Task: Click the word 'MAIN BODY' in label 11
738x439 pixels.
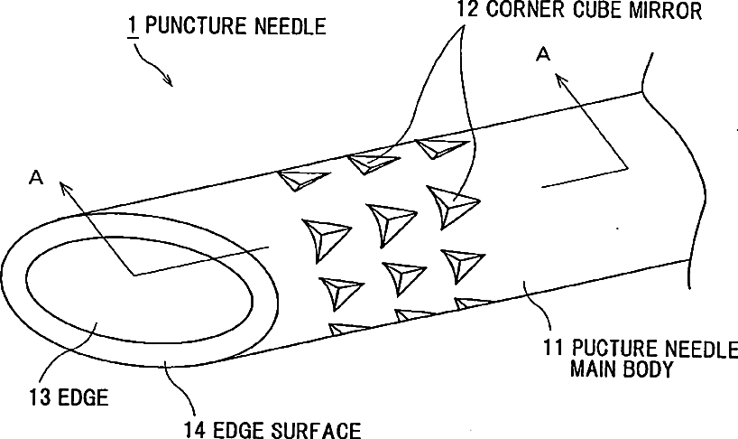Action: (x=622, y=370)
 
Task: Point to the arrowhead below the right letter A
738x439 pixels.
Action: (x=563, y=80)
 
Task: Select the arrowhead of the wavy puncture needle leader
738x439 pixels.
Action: (x=169, y=83)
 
